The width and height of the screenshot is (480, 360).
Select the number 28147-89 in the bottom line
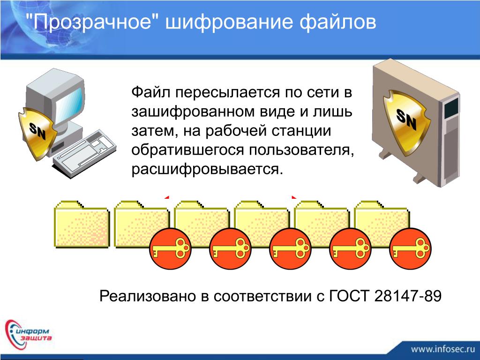tap(408, 296)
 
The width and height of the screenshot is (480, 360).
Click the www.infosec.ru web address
tap(442, 349)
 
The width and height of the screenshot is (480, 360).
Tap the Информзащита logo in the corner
tap(28, 334)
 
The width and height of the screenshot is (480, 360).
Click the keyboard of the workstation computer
tap(84, 153)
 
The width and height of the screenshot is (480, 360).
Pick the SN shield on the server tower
tap(405, 120)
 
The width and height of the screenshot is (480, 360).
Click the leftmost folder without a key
tap(82, 224)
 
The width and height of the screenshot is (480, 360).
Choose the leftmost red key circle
tap(170, 248)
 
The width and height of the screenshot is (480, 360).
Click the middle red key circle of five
tap(291, 248)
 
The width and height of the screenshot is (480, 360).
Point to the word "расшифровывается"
tap(206, 169)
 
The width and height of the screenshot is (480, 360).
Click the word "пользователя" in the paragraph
tap(301, 150)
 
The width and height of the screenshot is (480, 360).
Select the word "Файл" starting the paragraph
tap(150, 92)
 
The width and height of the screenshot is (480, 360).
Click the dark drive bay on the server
tap(451, 108)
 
